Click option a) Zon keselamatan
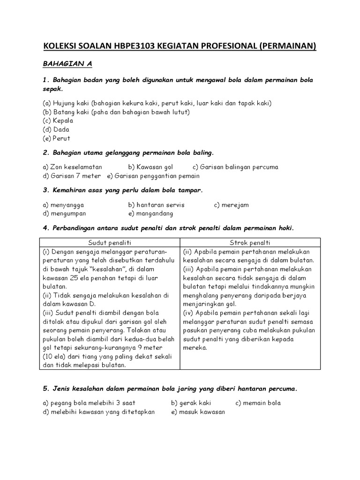pos(72,167)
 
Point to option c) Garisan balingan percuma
pos(235,167)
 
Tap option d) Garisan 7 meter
pos(71,176)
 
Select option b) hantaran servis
pos(156,205)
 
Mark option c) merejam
pos(232,205)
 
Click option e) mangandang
pos(150,214)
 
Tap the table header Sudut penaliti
pos(110,242)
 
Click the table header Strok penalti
pos(250,242)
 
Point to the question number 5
pos(45,389)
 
